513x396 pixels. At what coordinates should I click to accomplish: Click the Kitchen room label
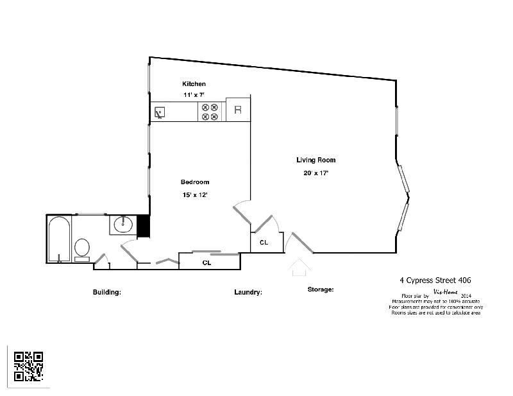pos(194,84)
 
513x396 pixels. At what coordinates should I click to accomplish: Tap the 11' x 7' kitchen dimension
pos(194,94)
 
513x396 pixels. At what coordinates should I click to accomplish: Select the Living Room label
pos(315,160)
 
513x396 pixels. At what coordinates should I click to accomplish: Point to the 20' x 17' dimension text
pos(315,173)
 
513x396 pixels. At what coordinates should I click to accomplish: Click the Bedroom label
pos(195,182)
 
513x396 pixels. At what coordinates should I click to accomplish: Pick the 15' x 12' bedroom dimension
pos(195,194)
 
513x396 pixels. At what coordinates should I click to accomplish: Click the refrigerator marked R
pos(238,110)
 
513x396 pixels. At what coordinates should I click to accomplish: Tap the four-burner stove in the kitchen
pos(210,112)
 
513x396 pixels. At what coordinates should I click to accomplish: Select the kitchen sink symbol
pos(160,112)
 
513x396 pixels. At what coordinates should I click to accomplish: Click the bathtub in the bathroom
pos(59,239)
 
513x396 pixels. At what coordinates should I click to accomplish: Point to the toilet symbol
pos(82,248)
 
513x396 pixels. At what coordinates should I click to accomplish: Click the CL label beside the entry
pos(264,243)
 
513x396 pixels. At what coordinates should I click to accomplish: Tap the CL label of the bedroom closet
pos(207,263)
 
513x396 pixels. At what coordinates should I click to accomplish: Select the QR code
pos(29,366)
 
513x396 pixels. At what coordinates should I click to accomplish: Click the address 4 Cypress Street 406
pos(435,280)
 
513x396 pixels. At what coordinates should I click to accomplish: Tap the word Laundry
pos(248,292)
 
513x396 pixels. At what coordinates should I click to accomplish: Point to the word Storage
pos(321,289)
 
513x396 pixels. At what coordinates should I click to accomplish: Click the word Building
pos(107,292)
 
